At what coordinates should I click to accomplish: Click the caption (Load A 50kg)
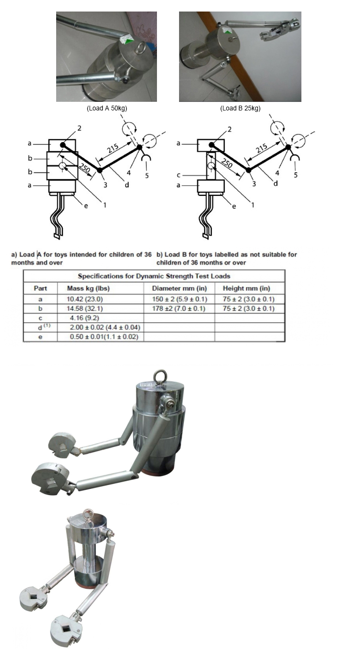(x=107, y=108)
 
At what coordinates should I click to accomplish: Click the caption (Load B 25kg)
(x=240, y=108)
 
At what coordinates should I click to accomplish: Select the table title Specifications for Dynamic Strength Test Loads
(x=154, y=276)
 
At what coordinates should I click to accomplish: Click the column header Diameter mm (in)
(x=180, y=288)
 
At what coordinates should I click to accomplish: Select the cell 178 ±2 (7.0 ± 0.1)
(x=179, y=308)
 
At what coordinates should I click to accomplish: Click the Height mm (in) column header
(x=246, y=288)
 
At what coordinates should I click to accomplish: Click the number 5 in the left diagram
(x=147, y=175)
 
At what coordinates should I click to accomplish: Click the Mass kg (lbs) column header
(x=77, y=288)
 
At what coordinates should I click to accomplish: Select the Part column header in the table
(x=40, y=288)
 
